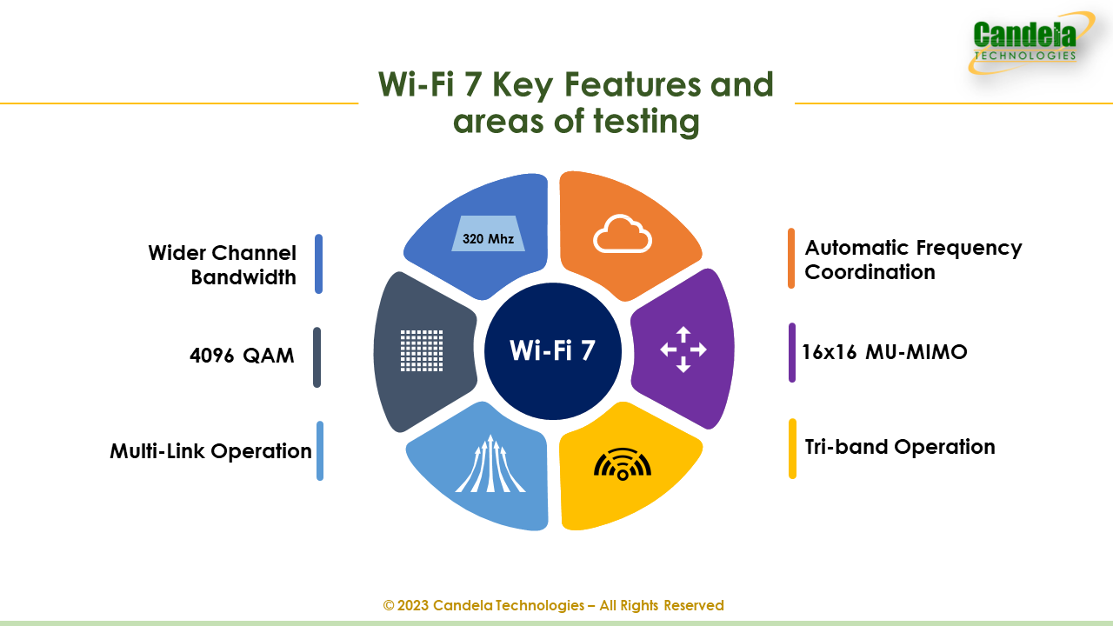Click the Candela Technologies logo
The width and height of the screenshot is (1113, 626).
1026,43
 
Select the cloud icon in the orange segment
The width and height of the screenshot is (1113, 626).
622,234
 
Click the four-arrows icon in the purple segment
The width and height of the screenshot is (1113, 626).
683,350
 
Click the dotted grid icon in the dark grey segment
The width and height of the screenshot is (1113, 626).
422,350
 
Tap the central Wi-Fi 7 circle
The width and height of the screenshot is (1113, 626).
553,350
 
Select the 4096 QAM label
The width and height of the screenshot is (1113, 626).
242,356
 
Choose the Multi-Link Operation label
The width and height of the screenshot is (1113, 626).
210,451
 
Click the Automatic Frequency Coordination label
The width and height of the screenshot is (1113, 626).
913,259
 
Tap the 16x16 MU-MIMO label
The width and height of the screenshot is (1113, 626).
885,352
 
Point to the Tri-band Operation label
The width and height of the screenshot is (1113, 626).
900,447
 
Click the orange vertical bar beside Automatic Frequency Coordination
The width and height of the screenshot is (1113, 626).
791,258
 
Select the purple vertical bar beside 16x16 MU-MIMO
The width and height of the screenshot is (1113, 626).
792,352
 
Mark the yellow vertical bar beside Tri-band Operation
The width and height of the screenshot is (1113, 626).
792,449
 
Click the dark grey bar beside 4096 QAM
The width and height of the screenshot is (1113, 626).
317,356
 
